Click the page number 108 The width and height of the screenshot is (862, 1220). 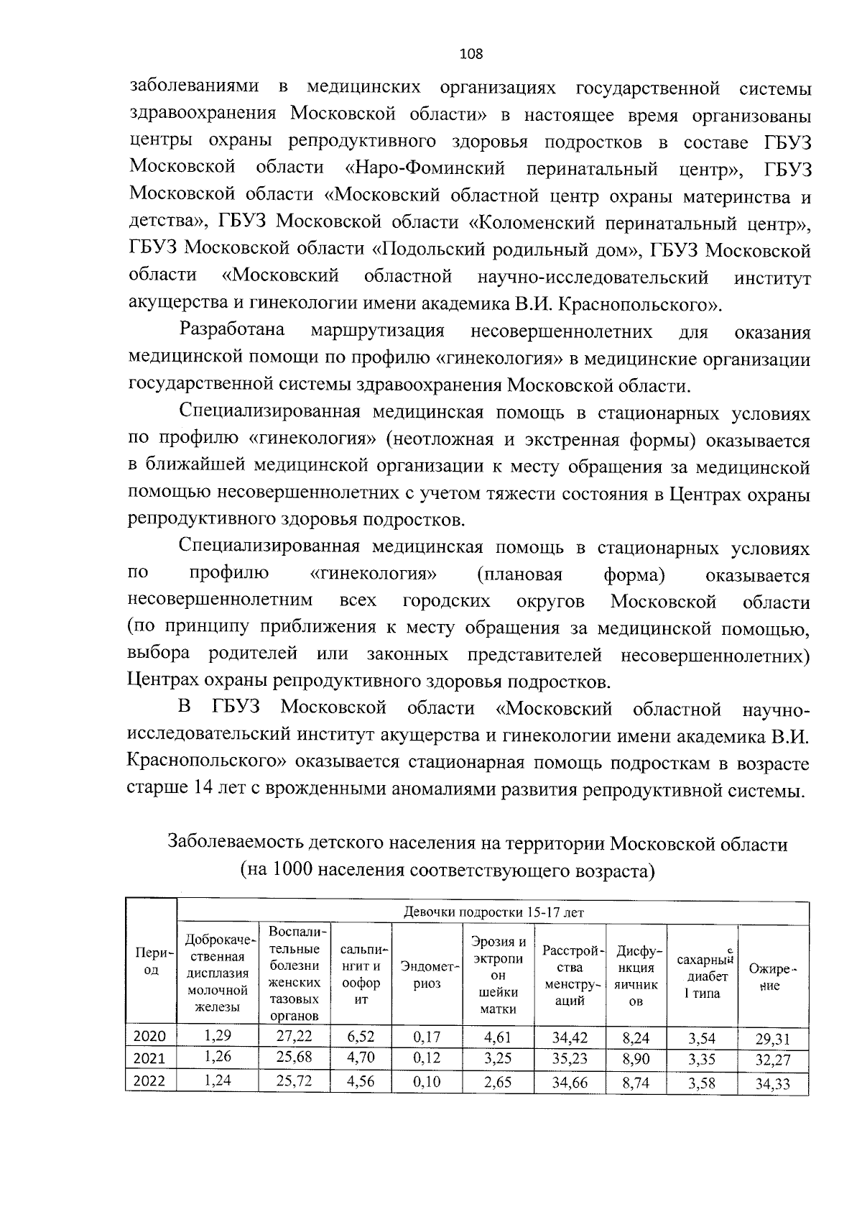[x=471, y=54]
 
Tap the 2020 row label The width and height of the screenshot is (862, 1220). [x=150, y=1036]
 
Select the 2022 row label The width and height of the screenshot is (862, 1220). [x=150, y=1081]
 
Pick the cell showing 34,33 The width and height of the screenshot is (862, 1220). [x=772, y=1083]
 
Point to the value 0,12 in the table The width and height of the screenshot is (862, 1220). [x=427, y=1058]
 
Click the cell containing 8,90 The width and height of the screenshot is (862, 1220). [x=635, y=1059]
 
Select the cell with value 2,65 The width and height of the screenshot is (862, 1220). [x=498, y=1082]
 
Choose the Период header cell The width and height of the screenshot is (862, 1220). [x=151, y=961]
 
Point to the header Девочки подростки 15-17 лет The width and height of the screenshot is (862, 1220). [x=493, y=912]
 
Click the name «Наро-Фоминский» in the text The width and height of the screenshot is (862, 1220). [x=425, y=169]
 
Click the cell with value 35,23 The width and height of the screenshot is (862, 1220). [x=570, y=1059]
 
